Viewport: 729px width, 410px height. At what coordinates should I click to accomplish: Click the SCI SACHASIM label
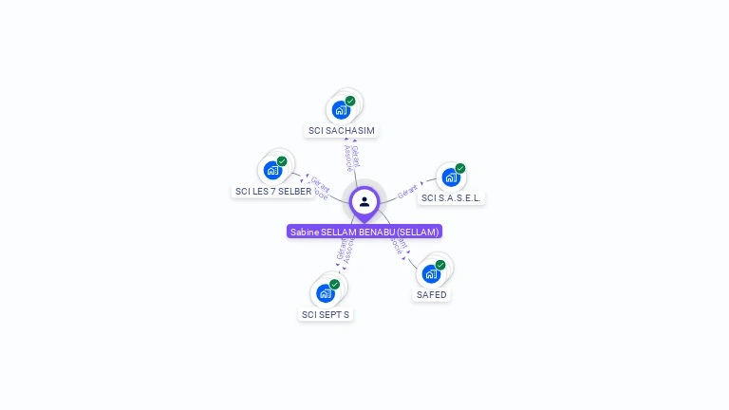[342, 130]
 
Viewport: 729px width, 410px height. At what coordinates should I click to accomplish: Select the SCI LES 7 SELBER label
[273, 191]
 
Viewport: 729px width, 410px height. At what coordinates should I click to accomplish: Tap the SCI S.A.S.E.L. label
[452, 197]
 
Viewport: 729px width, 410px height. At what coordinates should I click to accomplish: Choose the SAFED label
[431, 294]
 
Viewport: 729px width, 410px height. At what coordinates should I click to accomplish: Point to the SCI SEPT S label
[326, 314]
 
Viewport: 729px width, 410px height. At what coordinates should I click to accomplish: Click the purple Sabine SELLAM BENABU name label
[364, 232]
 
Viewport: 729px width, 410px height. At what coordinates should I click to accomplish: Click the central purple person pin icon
[364, 201]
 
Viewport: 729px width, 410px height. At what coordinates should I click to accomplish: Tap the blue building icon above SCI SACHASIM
[340, 110]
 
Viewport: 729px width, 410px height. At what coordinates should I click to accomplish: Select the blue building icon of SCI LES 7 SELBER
[273, 171]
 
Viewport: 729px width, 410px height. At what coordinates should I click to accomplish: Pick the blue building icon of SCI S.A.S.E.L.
[451, 177]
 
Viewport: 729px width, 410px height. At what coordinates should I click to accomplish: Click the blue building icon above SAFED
[431, 274]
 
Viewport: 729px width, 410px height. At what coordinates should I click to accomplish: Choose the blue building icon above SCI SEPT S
[325, 293]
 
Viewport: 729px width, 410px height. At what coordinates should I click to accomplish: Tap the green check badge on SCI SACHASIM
[350, 102]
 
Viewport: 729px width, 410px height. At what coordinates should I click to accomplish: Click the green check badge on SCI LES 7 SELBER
[282, 161]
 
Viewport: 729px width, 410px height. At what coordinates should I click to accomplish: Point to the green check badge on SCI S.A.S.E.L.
[460, 169]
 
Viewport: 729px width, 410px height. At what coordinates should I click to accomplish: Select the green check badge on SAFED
[440, 266]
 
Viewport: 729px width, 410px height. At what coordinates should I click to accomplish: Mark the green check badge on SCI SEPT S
[334, 285]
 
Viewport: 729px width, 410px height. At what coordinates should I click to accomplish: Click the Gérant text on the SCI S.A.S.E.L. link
[409, 190]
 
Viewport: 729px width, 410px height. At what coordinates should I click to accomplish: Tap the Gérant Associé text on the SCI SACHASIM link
[351, 158]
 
